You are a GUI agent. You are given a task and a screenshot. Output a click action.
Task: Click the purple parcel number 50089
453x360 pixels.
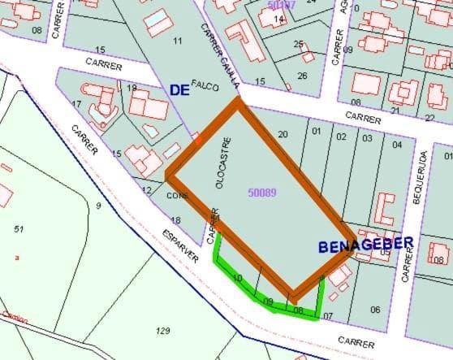[x=263, y=193]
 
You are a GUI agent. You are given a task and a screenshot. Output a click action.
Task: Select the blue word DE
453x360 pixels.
[x=179, y=90]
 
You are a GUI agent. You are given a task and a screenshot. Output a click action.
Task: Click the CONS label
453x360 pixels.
[x=177, y=196]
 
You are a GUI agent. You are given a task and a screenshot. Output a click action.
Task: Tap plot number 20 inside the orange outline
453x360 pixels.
[x=283, y=135]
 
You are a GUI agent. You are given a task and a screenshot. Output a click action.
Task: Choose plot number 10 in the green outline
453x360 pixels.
[x=237, y=279]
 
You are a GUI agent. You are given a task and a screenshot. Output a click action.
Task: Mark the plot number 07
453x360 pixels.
[x=328, y=315]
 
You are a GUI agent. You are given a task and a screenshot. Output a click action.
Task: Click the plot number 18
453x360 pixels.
[x=175, y=220]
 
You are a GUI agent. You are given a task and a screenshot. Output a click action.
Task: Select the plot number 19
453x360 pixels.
[x=132, y=88]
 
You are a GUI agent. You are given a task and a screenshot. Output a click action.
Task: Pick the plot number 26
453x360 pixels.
[x=302, y=76]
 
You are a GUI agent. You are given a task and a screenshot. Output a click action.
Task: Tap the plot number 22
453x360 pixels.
[x=429, y=118]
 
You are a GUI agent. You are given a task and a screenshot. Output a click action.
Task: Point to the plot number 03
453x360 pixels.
[x=367, y=137]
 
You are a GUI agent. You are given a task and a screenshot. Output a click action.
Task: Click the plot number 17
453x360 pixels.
[x=76, y=104]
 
